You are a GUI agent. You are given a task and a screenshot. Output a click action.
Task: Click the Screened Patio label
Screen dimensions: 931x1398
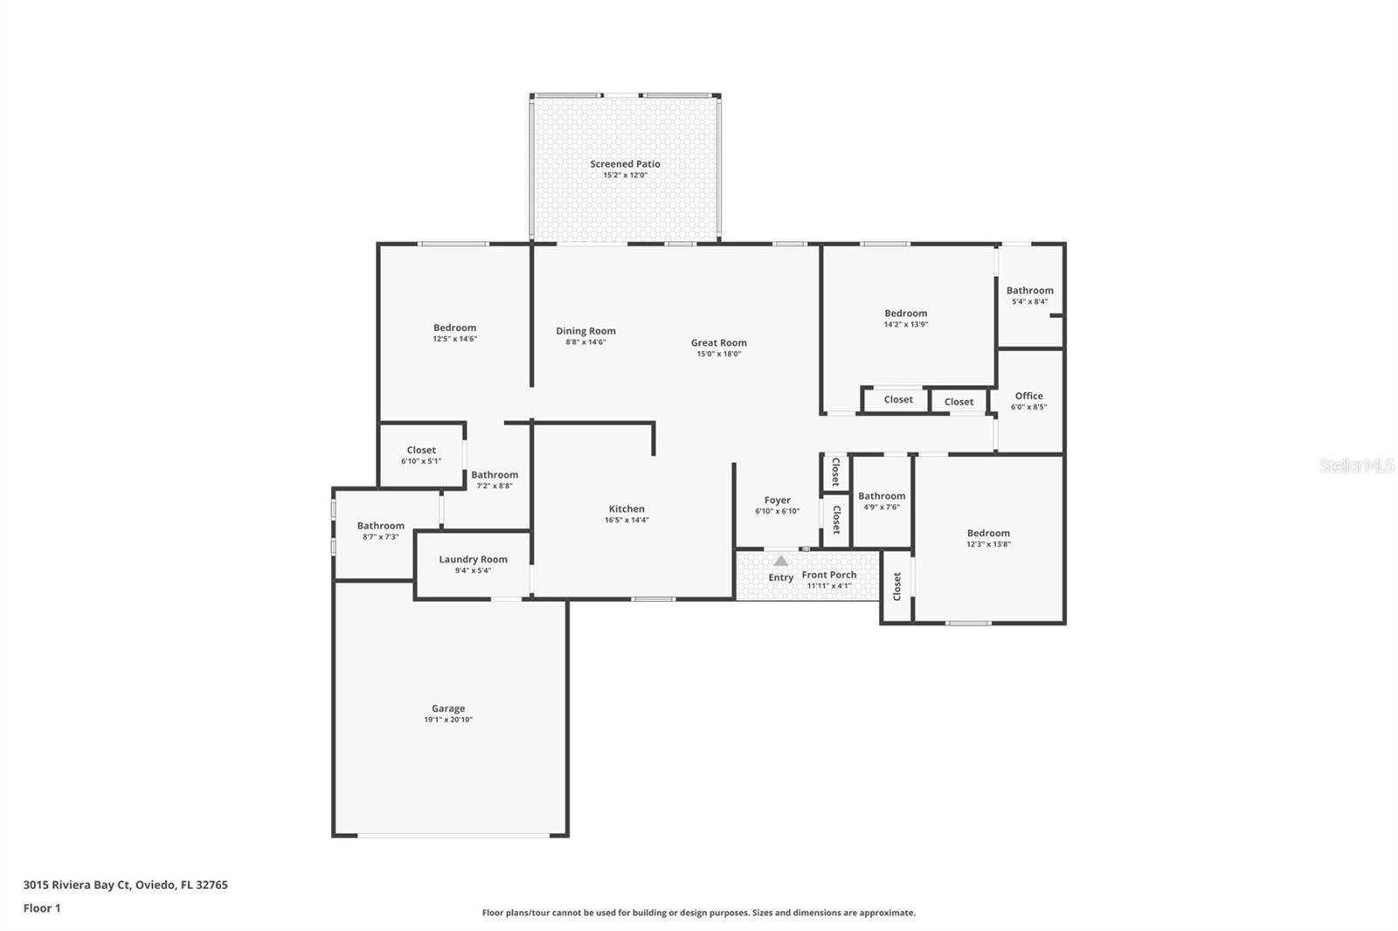point(625,164)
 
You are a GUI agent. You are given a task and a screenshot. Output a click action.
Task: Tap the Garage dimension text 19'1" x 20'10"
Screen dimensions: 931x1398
point(448,721)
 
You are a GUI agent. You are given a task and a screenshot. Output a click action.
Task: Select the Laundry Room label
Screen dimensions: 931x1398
point(473,560)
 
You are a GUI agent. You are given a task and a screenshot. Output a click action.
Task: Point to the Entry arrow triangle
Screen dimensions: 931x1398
point(780,562)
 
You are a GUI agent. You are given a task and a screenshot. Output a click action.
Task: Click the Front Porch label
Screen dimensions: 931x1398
point(829,575)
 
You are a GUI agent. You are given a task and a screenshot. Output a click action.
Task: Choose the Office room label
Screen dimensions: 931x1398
point(1028,396)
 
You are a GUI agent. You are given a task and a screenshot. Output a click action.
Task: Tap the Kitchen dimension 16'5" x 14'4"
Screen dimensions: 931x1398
point(626,521)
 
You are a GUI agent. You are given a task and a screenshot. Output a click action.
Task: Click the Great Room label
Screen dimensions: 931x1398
point(718,343)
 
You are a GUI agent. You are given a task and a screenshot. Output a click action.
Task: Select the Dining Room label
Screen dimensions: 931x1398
point(585,331)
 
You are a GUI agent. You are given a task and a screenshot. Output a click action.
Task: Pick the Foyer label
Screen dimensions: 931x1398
point(777,500)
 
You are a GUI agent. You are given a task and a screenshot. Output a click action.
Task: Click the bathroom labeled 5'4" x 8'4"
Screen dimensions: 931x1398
point(1029,291)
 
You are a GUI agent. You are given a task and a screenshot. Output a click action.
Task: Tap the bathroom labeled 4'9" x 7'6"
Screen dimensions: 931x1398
point(882,496)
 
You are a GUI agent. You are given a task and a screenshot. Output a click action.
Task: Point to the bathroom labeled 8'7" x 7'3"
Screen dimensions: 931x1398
point(380,526)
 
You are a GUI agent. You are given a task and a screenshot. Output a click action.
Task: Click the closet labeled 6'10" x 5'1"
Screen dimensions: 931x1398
point(421,451)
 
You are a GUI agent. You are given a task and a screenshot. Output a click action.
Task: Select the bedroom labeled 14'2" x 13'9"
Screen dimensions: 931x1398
point(905,314)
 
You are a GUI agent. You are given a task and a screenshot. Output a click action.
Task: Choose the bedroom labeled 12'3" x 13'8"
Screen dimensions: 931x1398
point(988,534)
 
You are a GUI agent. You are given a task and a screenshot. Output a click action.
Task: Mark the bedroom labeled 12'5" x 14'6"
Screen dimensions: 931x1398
point(454,328)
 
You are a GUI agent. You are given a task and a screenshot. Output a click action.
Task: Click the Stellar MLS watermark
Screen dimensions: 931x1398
point(1356,465)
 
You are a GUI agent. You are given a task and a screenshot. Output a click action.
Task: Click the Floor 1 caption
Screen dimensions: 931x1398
point(42,908)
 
